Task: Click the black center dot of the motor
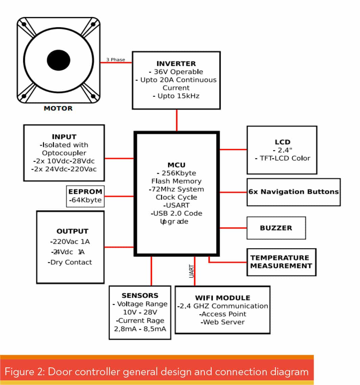[58, 60]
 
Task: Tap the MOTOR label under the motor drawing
[58, 108]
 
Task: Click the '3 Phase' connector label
[116, 60]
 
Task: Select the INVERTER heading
[176, 64]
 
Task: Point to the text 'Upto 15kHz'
[178, 96]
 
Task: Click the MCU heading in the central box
[176, 165]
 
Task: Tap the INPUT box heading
[64, 137]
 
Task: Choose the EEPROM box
[86, 196]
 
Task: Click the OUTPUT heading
[72, 231]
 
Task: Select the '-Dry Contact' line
[70, 262]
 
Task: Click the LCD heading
[283, 142]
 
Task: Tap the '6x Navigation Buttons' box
[293, 192]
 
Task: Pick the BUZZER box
[276, 228]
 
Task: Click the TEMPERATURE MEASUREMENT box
[281, 262]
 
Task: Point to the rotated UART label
[191, 271]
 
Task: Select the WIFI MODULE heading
[222, 298]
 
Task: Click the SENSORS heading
[140, 295]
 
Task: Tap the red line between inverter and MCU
[176, 120]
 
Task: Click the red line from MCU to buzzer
[233, 228]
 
